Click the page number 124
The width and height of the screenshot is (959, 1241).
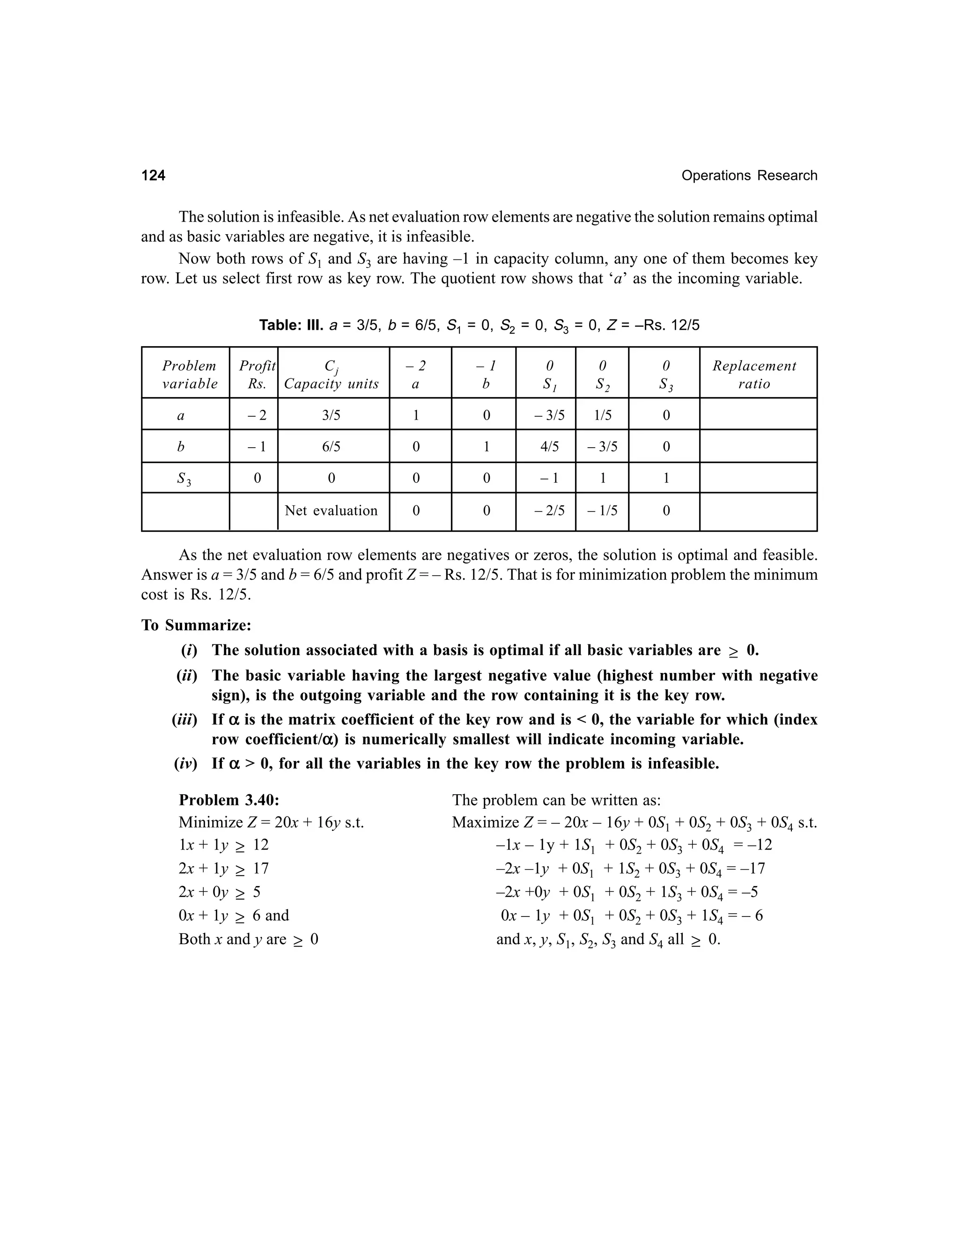pyautogui.click(x=154, y=176)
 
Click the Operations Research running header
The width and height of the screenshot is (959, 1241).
pyautogui.click(x=749, y=176)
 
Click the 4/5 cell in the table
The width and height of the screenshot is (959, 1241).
pyautogui.click(x=549, y=447)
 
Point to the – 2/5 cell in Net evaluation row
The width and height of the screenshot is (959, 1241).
pyautogui.click(x=549, y=511)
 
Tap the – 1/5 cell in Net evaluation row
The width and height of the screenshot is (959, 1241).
pyautogui.click(x=602, y=511)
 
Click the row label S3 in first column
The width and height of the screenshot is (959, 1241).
pyautogui.click(x=184, y=479)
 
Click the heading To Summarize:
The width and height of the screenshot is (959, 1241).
pyautogui.click(x=196, y=625)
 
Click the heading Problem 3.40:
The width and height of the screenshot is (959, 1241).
pyautogui.click(x=229, y=800)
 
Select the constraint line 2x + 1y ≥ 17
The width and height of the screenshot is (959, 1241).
pyautogui.click(x=223, y=868)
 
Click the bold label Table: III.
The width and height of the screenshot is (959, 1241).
pyautogui.click(x=291, y=325)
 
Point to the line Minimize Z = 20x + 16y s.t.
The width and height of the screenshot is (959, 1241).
pyautogui.click(x=271, y=822)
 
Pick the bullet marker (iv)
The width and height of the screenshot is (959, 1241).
pyautogui.click(x=186, y=764)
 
